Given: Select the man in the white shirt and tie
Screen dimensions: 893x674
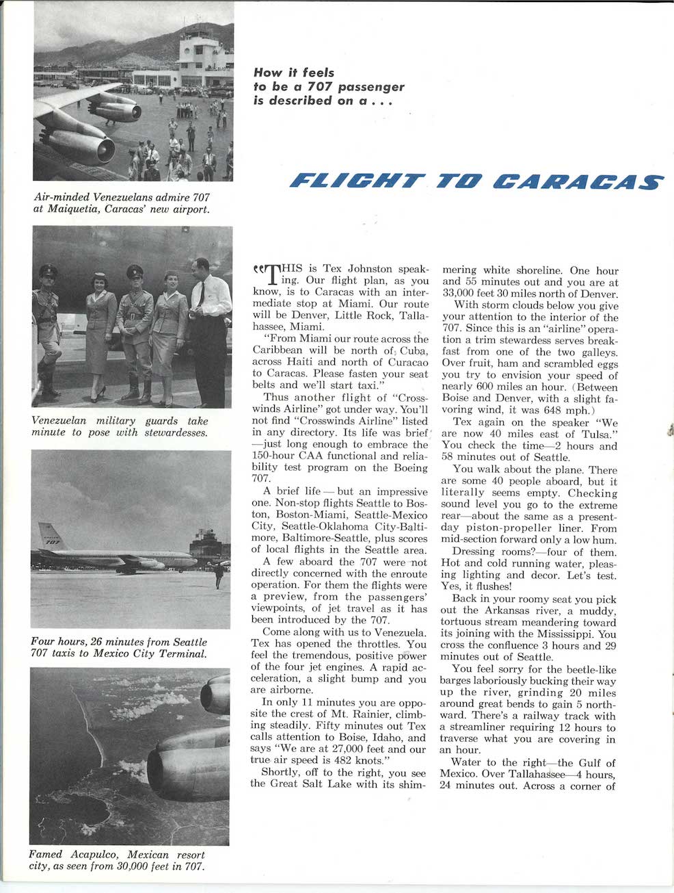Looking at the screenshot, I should (x=208, y=322).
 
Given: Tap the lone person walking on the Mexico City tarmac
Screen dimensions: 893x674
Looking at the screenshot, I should (x=219, y=576).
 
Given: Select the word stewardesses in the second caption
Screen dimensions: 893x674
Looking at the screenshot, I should (x=174, y=432).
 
